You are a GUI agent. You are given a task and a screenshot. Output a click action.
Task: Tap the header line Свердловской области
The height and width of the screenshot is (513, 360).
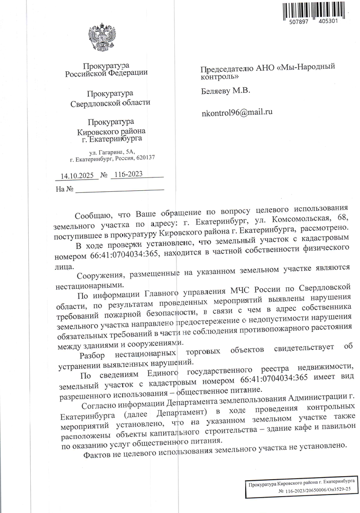point(110,103)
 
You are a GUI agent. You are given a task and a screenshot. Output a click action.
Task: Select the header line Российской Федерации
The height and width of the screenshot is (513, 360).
point(107,73)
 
